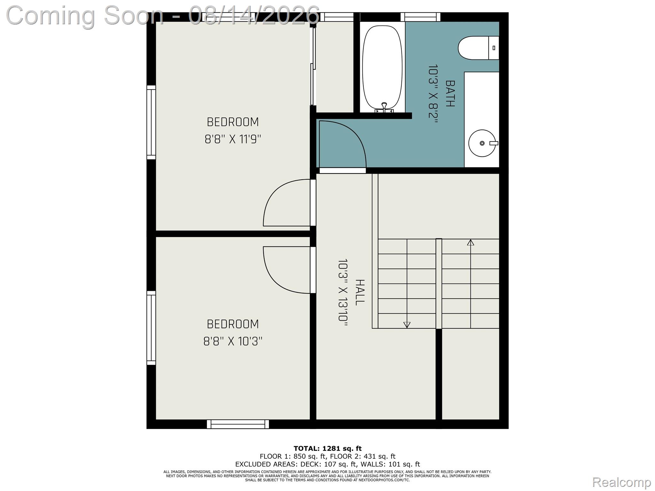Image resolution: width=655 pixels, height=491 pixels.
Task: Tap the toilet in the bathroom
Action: [478, 48]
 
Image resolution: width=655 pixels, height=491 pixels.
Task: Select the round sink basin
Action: [482, 143]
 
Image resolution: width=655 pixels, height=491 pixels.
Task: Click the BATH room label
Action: [450, 93]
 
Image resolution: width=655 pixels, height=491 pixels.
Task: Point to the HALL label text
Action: [360, 292]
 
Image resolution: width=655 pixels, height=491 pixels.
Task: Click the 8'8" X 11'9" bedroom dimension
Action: [233, 139]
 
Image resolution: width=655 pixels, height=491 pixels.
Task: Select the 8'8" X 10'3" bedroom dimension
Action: [233, 341]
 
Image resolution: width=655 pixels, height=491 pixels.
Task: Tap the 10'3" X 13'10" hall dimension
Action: [343, 292]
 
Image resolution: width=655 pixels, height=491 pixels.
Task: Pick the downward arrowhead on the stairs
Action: [407, 325]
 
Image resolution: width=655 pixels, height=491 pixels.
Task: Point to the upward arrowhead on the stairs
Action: [470, 243]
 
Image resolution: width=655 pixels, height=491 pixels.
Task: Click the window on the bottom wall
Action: [238, 424]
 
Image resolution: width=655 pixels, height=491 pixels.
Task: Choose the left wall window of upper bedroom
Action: [151, 122]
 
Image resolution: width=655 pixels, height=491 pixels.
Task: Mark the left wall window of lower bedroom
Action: [151, 328]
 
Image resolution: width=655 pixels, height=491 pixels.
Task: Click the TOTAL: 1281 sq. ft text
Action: [327, 448]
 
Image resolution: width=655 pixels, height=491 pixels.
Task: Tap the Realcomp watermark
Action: [621, 482]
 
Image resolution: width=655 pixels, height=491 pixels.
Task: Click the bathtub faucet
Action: [384, 107]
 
